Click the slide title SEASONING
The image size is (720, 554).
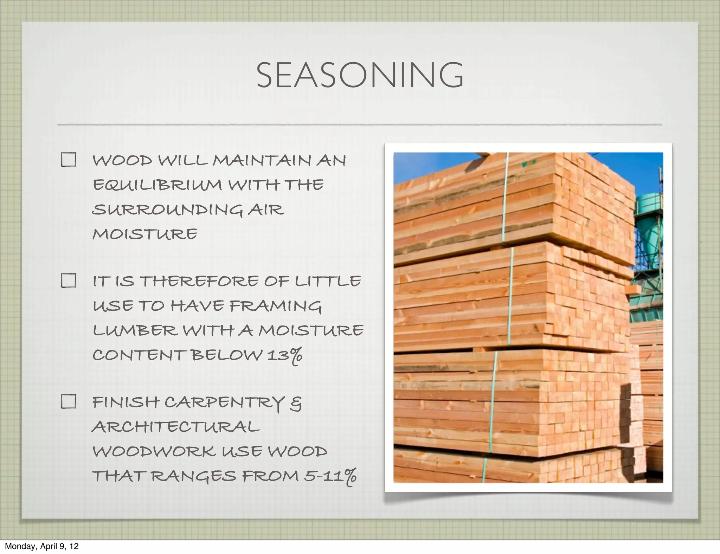click(x=360, y=75)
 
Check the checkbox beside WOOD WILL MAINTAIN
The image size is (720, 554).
click(x=68, y=160)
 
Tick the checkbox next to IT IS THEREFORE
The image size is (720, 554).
click(x=68, y=281)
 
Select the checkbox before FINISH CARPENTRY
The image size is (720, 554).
click(x=68, y=401)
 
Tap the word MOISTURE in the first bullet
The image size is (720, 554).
click(x=145, y=234)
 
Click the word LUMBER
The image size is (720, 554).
click(x=135, y=330)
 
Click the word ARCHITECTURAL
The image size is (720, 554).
click(x=176, y=427)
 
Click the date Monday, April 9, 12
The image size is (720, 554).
click(x=41, y=546)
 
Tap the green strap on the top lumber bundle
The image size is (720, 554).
click(x=505, y=197)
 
